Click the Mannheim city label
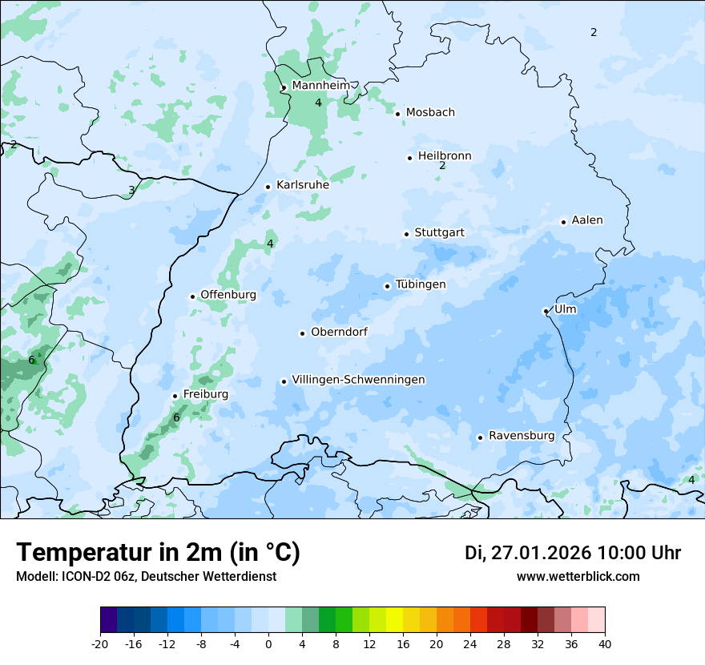pos(320,86)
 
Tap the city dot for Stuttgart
pos(406,234)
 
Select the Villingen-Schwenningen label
pos(358,380)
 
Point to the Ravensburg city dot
pos(480,437)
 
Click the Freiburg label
pos(205,394)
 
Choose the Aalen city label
pos(587,220)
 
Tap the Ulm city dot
pos(546,311)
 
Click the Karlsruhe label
pos(303,185)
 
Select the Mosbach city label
pos(430,112)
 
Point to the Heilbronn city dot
pos(409,158)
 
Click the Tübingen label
pos(421,284)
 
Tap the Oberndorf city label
pos(339,332)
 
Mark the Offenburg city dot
pos(192,296)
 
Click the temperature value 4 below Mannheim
pos(318,103)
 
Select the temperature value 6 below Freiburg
pos(176,417)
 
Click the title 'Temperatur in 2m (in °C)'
pos(158,552)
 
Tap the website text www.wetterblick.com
pos(578,576)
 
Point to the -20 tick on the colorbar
pos(100,643)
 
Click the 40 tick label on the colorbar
pos(605,643)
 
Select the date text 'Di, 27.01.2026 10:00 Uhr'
pos(572,553)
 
